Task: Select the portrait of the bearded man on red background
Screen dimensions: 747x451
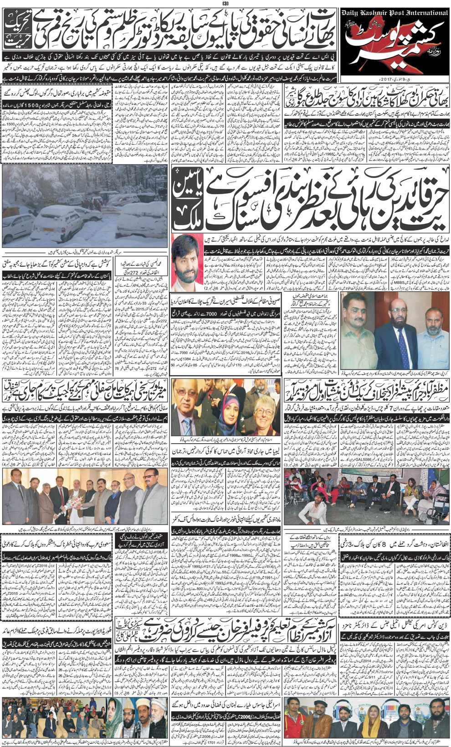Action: (x=187, y=260)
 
